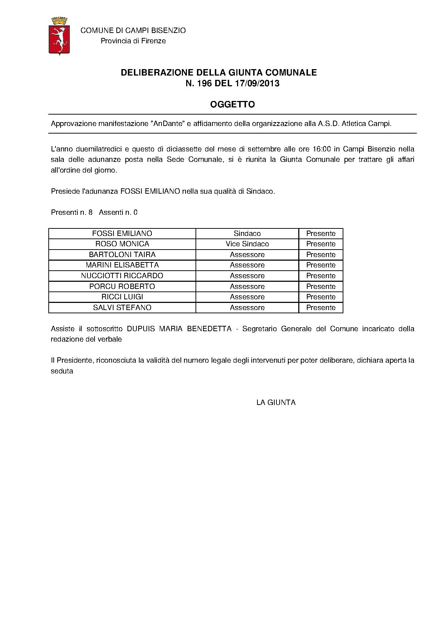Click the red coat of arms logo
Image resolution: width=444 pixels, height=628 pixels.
pyautogui.click(x=59, y=36)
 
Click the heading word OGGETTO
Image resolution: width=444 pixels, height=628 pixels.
pyautogui.click(x=232, y=105)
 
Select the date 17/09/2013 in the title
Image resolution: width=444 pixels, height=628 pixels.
pyautogui.click(x=257, y=84)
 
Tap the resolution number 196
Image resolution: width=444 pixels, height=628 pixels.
pyautogui.click(x=204, y=84)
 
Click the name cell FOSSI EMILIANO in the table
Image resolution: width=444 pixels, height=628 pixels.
pyautogui.click(x=122, y=233)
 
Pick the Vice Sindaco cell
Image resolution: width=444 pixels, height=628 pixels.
pyautogui.click(x=247, y=244)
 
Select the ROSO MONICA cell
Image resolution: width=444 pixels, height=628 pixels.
pyautogui.click(x=122, y=244)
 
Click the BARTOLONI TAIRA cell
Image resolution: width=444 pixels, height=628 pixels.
pyautogui.click(x=122, y=255)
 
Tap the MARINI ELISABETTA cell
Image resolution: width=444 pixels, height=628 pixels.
pyautogui.click(x=122, y=265)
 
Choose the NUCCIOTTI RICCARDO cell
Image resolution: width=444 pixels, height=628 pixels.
pyautogui.click(x=122, y=276)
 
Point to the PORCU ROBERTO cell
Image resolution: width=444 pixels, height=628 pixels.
pyautogui.click(x=122, y=286)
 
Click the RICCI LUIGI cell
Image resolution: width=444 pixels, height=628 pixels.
pyautogui.click(x=122, y=297)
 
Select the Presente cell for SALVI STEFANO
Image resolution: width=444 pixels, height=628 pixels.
pyautogui.click(x=321, y=308)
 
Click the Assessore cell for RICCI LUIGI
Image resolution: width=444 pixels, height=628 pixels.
pyautogui.click(x=247, y=297)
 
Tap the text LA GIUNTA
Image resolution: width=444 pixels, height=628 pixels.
pyautogui.click(x=276, y=402)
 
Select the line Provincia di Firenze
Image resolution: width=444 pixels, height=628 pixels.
pyautogui.click(x=133, y=41)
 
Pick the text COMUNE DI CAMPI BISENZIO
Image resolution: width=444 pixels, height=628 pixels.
pyautogui.click(x=133, y=30)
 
